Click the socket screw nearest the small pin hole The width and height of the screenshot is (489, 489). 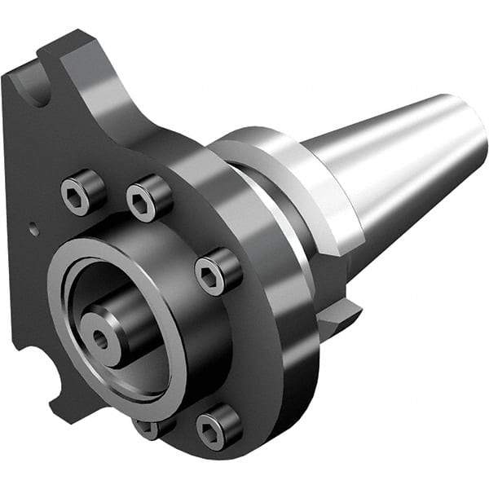[82, 192]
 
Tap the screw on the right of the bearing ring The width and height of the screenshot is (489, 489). [218, 271]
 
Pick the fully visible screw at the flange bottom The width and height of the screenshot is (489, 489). [218, 426]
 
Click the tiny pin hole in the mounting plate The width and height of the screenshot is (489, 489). [33, 230]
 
